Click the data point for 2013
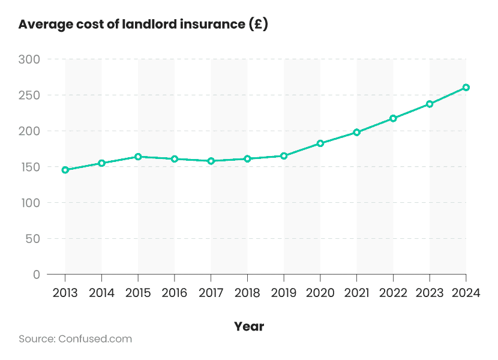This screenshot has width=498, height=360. pyautogui.click(x=65, y=170)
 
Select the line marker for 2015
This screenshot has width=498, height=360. pyautogui.click(x=138, y=157)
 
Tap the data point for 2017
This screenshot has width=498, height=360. pyautogui.click(x=211, y=161)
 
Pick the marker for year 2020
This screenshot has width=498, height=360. pyautogui.click(x=320, y=143)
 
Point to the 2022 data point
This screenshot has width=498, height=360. pyautogui.click(x=393, y=118)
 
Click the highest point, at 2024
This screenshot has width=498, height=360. pyautogui.click(x=466, y=88)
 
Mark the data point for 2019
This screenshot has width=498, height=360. pyautogui.click(x=284, y=156)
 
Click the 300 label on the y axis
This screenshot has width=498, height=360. pyautogui.click(x=28, y=59)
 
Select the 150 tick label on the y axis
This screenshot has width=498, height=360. pyautogui.click(x=28, y=167)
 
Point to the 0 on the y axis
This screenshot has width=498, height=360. pyautogui.click(x=36, y=274)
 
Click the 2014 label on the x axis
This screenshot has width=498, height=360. pyautogui.click(x=101, y=293)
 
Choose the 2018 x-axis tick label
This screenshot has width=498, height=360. pyautogui.click(x=247, y=293)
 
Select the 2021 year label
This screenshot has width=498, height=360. pyautogui.click(x=356, y=293)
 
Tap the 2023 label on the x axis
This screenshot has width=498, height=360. pyautogui.click(x=430, y=293)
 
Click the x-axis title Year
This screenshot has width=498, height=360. pyautogui.click(x=249, y=326)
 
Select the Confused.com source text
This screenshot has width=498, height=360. pyautogui.click(x=95, y=339)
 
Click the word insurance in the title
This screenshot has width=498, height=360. pyautogui.click(x=214, y=25)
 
